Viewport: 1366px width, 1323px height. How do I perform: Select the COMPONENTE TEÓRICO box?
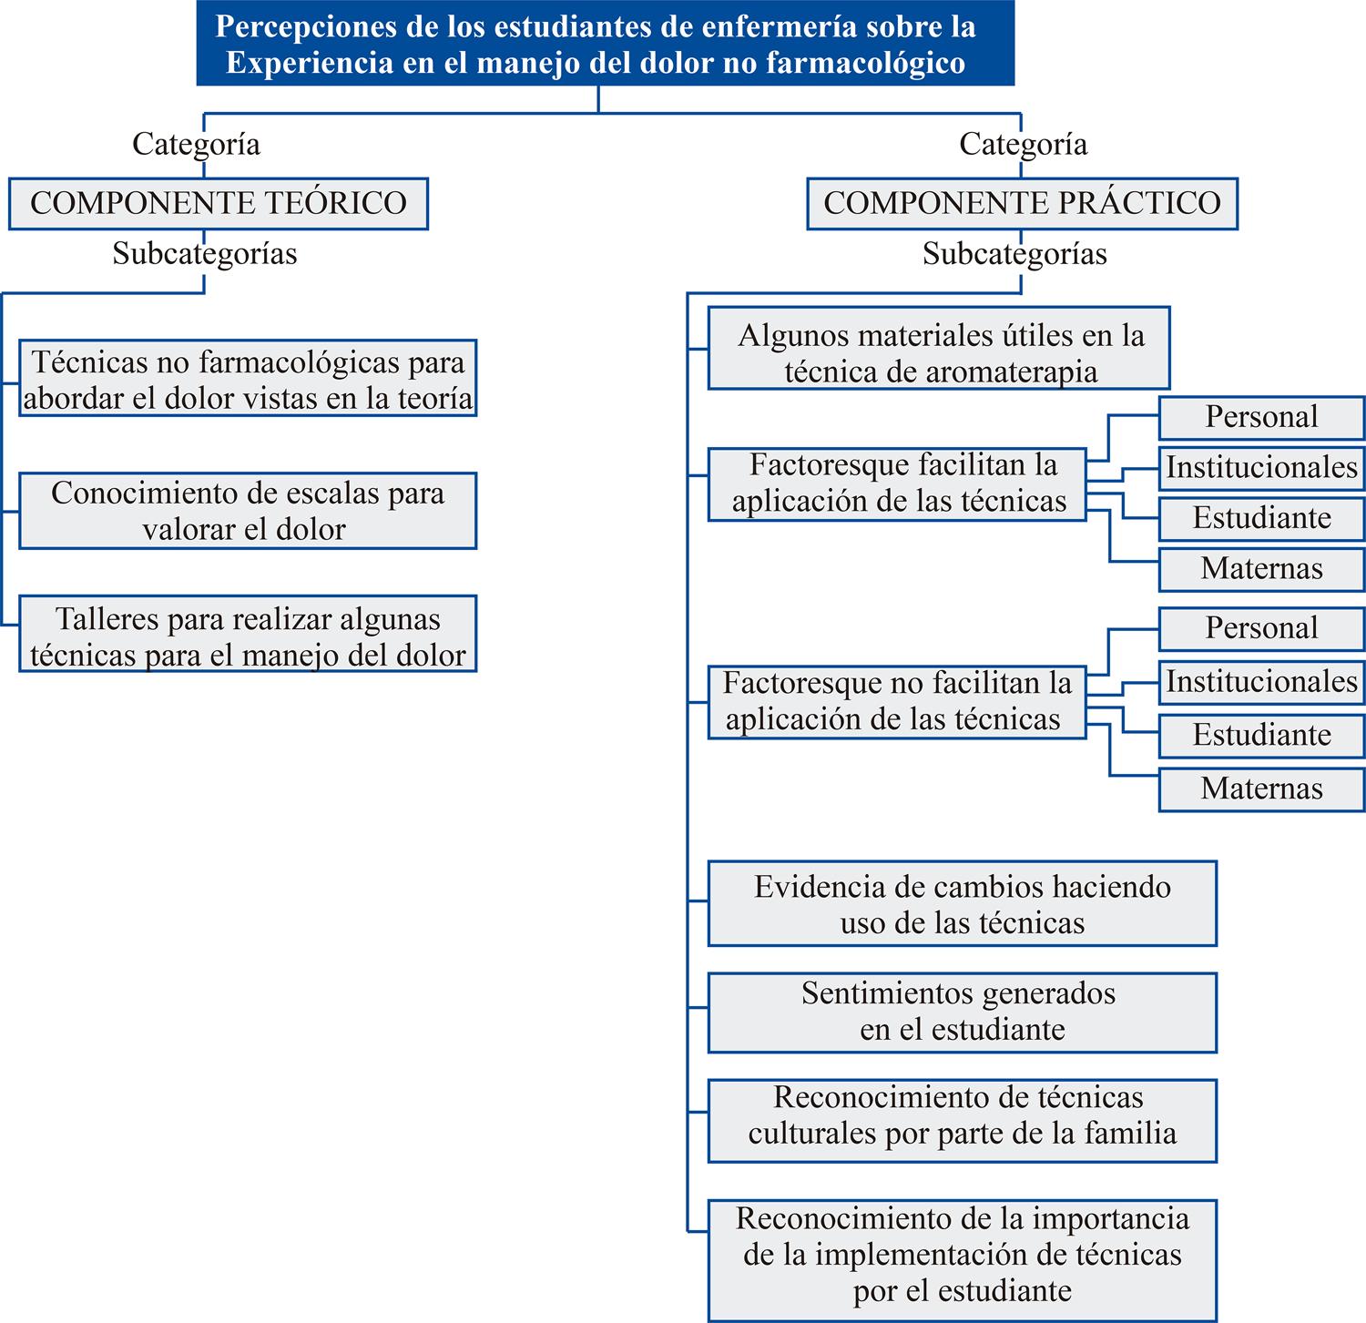tap(219, 202)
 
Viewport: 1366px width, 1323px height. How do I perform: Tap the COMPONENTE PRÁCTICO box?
tap(1022, 202)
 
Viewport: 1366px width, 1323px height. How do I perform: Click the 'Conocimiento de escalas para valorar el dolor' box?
tap(248, 511)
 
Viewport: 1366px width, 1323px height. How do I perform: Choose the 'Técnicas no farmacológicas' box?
tap(248, 379)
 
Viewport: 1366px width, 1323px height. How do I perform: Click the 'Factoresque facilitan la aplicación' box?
tap(897, 483)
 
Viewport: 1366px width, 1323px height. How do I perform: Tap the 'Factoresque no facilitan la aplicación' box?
tap(897, 701)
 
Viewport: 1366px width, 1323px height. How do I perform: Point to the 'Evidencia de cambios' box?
tap(963, 904)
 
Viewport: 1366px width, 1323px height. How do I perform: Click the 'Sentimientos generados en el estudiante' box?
tap(963, 1012)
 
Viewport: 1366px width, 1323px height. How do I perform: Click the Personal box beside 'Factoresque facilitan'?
tap(1261, 417)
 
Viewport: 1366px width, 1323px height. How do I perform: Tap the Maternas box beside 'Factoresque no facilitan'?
tap(1261, 789)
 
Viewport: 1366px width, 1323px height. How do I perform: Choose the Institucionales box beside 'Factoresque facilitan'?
tap(1261, 468)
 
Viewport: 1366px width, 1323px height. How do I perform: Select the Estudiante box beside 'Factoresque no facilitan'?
tap(1261, 736)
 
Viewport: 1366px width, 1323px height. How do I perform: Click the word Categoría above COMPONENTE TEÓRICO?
tap(196, 144)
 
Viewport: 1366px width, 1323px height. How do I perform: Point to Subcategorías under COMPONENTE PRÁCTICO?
tap(1014, 254)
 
